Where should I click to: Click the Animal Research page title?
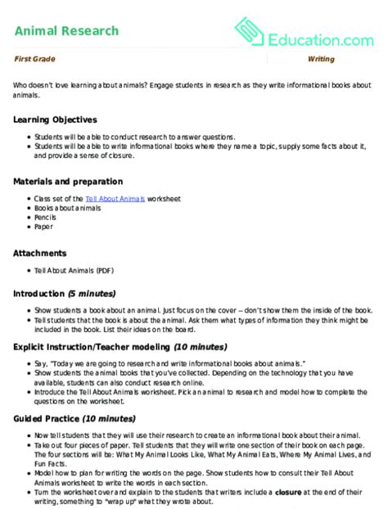66,31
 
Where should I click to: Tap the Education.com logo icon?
249,31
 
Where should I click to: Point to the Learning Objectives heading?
55,119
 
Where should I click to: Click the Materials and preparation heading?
68,181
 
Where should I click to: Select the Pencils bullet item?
44,218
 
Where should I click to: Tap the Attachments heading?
40,253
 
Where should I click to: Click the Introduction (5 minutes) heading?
64,293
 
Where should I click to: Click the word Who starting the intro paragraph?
20,85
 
